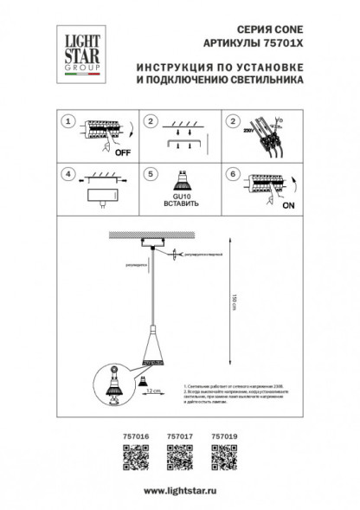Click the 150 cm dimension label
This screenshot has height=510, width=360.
[234, 303]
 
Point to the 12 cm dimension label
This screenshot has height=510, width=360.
[152, 391]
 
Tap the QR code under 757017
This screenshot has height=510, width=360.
[178, 455]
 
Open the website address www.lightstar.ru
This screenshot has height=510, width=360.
[179, 490]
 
